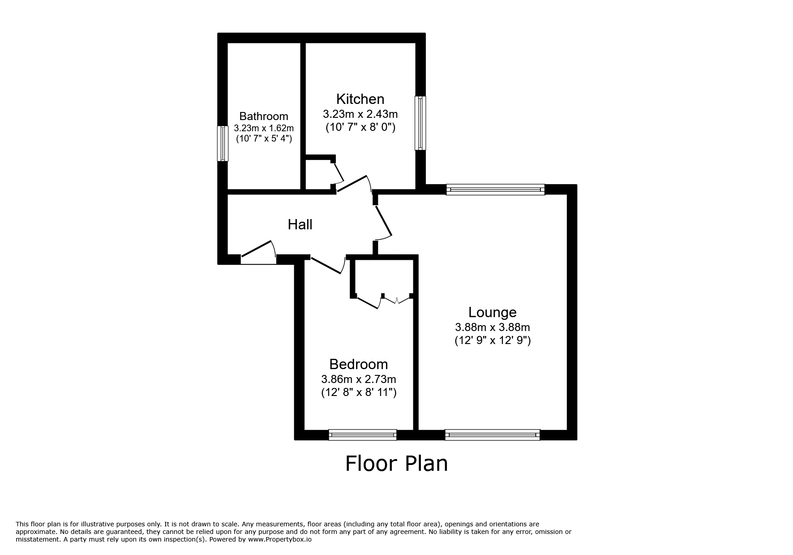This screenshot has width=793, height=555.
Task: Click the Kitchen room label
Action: [360, 99]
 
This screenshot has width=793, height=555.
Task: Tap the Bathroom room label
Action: [263, 116]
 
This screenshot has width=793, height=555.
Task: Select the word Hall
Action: [300, 224]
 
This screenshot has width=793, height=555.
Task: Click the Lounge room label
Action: [492, 312]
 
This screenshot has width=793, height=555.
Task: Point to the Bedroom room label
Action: [358, 364]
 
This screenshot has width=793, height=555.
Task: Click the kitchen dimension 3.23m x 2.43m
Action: [360, 114]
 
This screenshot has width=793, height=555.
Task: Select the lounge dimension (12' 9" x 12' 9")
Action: [492, 340]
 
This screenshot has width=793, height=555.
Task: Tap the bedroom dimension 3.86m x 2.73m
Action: [358, 379]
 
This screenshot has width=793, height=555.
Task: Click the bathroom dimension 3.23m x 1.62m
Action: [263, 128]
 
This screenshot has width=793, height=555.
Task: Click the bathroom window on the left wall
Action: [223, 143]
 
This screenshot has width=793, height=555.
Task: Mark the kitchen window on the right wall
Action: [420, 123]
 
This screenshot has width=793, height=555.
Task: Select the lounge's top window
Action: [495, 189]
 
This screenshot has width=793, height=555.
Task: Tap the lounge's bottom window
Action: [492, 435]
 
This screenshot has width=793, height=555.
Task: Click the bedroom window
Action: [362, 435]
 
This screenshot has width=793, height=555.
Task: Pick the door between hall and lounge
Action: [383, 222]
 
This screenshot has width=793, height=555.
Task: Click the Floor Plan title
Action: [396, 464]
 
